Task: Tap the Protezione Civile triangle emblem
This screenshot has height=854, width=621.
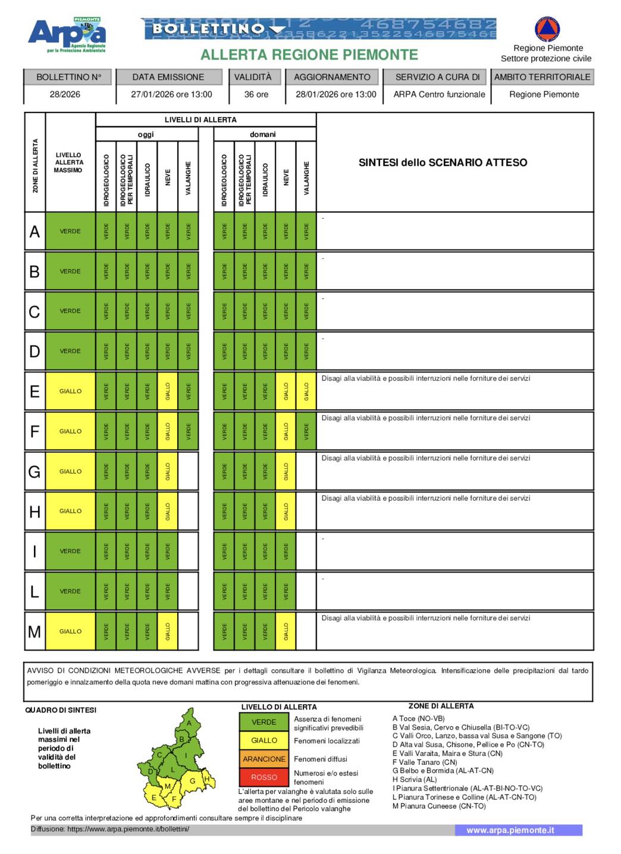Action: (x=547, y=29)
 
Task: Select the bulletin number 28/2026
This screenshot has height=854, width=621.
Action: (x=65, y=94)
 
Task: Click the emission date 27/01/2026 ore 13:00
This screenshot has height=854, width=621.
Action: (x=171, y=94)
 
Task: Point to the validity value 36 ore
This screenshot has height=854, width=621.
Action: (x=256, y=94)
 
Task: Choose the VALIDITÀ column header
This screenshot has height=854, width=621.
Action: (x=252, y=77)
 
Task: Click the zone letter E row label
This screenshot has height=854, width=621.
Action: (x=34, y=391)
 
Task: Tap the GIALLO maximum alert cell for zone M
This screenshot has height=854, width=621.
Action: (x=70, y=631)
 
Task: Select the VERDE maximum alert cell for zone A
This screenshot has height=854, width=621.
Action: (x=70, y=231)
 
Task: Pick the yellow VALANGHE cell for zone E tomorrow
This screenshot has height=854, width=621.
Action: (x=306, y=391)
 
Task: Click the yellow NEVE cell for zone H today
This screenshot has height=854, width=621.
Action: (x=168, y=511)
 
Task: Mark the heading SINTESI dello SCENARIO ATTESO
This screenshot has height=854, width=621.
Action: (x=443, y=162)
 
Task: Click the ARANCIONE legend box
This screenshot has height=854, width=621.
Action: (x=264, y=759)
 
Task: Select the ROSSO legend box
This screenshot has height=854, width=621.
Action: (x=264, y=777)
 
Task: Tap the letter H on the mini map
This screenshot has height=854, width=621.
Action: (x=206, y=778)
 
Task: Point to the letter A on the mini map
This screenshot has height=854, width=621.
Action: (x=189, y=723)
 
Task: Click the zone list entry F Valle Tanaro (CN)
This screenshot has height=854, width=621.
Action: (x=425, y=762)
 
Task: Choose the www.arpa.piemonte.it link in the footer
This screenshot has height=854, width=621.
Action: (x=510, y=830)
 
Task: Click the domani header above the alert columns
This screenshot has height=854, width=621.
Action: (x=263, y=134)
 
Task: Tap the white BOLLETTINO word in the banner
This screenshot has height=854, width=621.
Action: (x=208, y=29)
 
